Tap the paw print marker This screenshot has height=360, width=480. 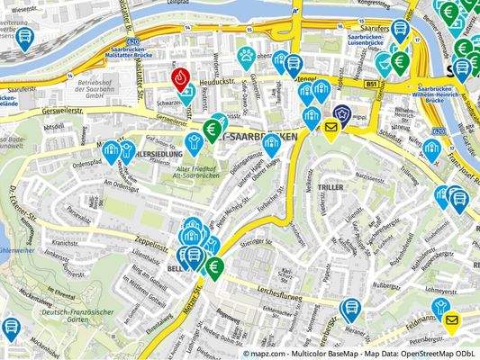[x=246, y=58]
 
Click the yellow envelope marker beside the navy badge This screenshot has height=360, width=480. [x=331, y=130]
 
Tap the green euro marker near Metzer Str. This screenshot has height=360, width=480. [x=215, y=266]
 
